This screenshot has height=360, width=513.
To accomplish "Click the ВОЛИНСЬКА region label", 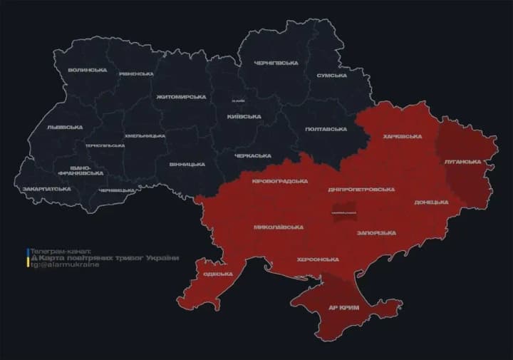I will click(x=87, y=70).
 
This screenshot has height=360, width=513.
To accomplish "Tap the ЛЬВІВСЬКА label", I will click(x=65, y=127).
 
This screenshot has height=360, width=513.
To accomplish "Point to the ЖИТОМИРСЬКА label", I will click(x=181, y=96).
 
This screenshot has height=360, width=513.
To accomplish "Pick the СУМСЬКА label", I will click(x=331, y=75).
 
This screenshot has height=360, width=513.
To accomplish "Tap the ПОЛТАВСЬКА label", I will click(x=326, y=129).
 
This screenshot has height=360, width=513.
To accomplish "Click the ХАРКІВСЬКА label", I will click(x=402, y=136).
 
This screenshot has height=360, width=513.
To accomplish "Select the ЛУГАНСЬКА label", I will click(x=462, y=162).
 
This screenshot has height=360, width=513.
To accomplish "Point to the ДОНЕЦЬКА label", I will click(x=431, y=202).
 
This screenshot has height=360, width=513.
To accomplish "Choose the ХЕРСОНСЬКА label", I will click(x=318, y=259).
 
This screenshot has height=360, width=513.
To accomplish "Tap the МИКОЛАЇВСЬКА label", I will click(x=278, y=227).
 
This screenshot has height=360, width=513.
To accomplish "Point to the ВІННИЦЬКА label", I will click(x=187, y=164).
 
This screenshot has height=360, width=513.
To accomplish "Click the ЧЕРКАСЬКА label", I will click(x=253, y=155).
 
